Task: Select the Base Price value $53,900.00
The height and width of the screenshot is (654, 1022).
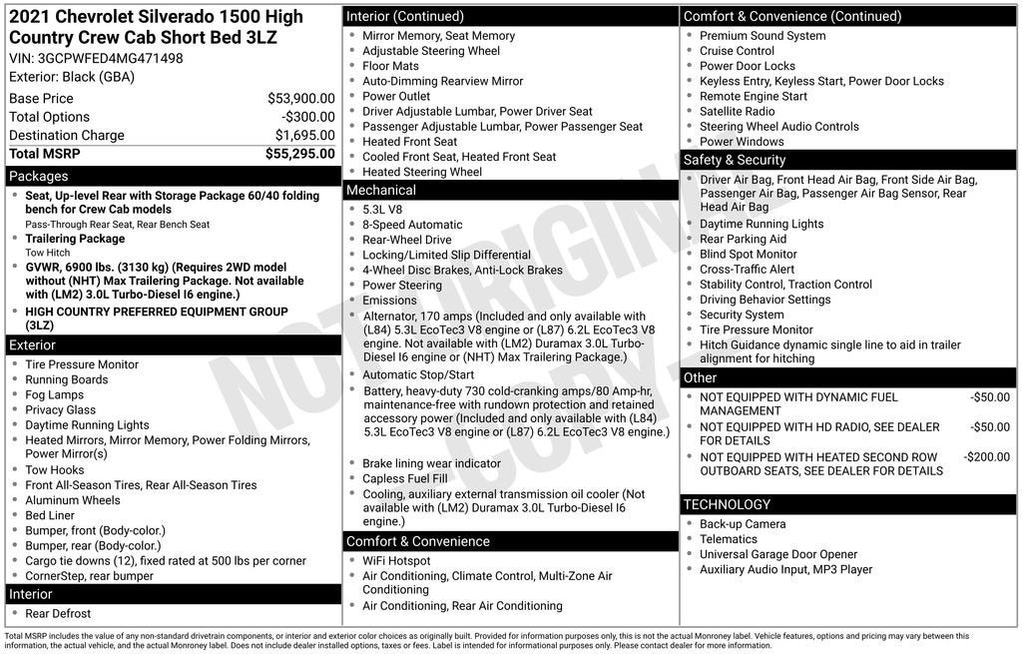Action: (x=300, y=99)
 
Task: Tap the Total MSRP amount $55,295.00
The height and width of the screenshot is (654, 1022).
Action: (x=299, y=154)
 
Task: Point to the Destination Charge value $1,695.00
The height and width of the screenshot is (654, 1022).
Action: (x=304, y=136)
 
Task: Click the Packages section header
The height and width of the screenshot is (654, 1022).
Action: (x=39, y=177)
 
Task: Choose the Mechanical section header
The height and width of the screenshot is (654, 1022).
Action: (x=381, y=191)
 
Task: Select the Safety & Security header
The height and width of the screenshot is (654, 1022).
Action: (x=735, y=160)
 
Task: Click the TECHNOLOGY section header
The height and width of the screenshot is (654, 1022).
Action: (x=727, y=504)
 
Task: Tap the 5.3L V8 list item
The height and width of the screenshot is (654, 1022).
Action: (x=382, y=210)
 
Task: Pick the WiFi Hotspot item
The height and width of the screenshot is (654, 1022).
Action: (x=396, y=561)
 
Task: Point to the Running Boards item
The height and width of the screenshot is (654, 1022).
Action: (x=68, y=380)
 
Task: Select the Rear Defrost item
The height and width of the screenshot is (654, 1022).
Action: (x=58, y=614)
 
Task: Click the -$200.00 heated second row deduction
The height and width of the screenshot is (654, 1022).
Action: (x=986, y=456)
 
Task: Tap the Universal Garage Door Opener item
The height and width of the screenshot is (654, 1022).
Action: (x=778, y=554)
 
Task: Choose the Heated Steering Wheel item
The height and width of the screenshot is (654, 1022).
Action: (x=422, y=172)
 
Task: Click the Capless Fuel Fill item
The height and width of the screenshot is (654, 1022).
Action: (x=404, y=479)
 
